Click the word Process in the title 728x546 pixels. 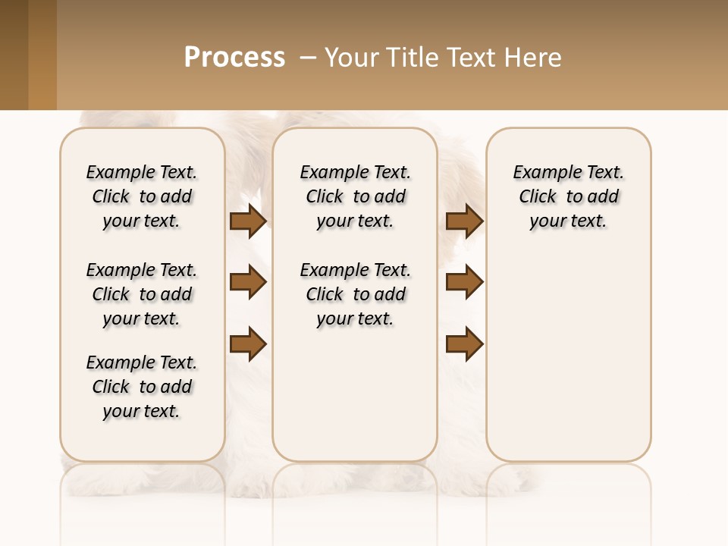coord(234,58)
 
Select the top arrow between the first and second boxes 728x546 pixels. coord(248,221)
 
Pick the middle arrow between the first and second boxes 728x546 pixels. coord(248,282)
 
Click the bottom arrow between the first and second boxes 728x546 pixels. coord(248,344)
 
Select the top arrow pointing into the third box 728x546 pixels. coord(464,221)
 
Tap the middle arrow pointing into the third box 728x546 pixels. coord(464,282)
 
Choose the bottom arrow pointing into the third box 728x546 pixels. coord(464,344)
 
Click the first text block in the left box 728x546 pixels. coord(142,196)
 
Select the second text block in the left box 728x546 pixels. coord(142,294)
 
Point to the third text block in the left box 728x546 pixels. coord(142,387)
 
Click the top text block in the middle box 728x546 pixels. coord(355,196)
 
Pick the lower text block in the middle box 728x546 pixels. coord(355,294)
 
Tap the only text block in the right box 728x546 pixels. coord(568,196)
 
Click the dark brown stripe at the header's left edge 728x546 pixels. coord(14,55)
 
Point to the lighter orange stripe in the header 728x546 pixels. coord(42,55)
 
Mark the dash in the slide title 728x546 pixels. coord(308,58)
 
